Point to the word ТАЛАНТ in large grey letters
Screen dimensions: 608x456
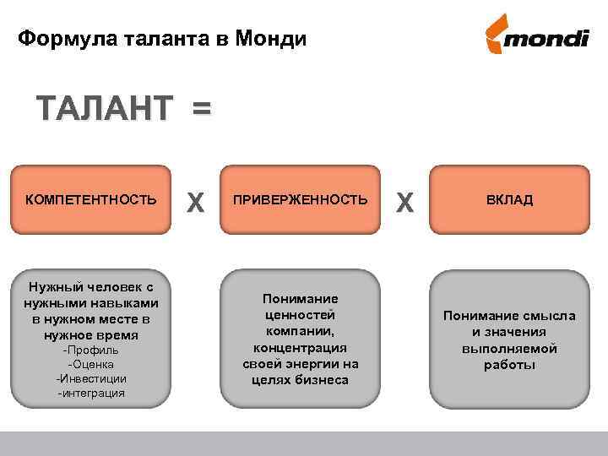click(104, 111)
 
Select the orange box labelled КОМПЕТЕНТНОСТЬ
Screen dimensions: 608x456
click(91, 200)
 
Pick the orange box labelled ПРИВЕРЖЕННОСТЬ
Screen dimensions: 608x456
click(301, 200)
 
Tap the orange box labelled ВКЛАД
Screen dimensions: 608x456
click(508, 200)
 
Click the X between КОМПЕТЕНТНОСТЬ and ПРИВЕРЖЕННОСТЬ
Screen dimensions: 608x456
click(196, 201)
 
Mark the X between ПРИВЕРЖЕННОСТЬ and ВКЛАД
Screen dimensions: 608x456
click(404, 201)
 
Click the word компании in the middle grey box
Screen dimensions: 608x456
click(300, 331)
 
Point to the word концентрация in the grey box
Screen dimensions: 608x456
click(300, 347)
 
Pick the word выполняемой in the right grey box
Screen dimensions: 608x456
click(509, 348)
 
